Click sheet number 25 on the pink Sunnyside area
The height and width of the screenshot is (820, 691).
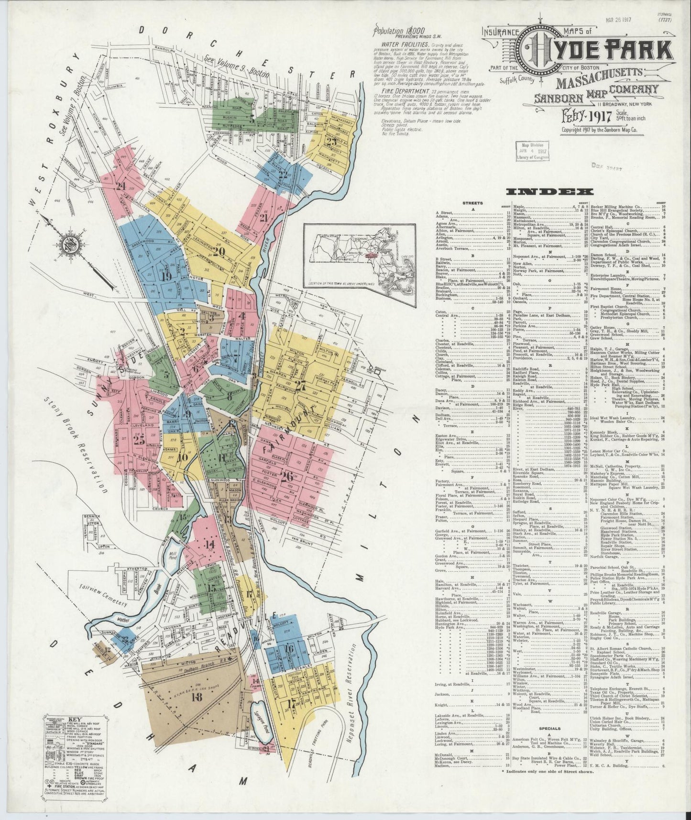(139, 440)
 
